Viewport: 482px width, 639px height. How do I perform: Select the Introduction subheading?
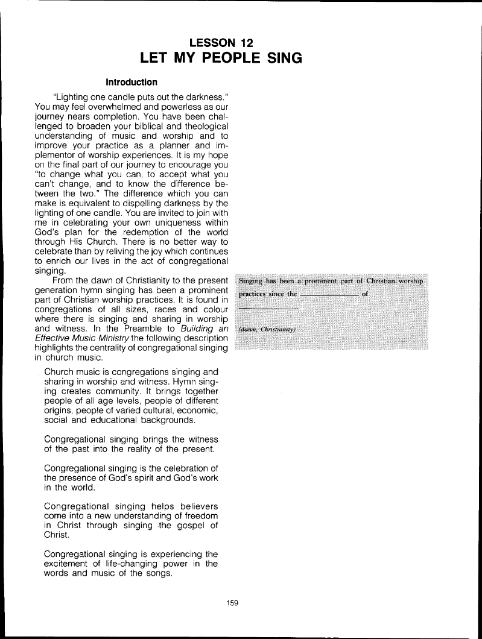[132, 81]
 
